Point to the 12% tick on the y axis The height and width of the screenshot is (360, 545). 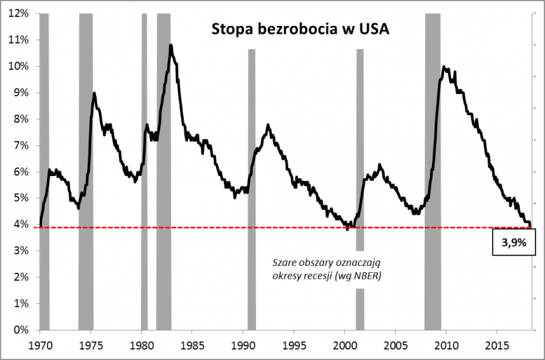pyautogui.click(x=18, y=13)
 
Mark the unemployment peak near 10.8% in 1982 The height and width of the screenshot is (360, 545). pyautogui.click(x=170, y=45)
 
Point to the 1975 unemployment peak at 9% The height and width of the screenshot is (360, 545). pyautogui.click(x=94, y=93)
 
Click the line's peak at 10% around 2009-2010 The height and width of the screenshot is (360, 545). pyautogui.click(x=444, y=66)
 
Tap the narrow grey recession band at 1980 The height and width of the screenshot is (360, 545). pyautogui.click(x=144, y=170)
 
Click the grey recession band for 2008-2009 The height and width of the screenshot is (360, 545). pyautogui.click(x=433, y=170)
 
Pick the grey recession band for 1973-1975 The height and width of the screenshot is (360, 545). pyautogui.click(x=86, y=170)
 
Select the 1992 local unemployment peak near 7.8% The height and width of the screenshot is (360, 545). pyautogui.click(x=268, y=125)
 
